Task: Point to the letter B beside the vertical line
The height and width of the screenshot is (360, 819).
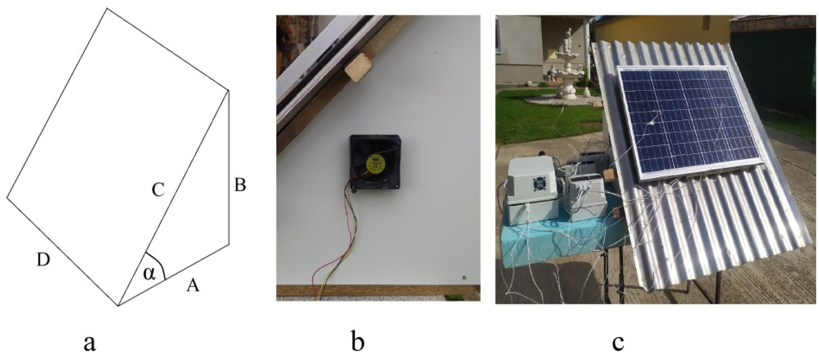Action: pyautogui.click(x=240, y=185)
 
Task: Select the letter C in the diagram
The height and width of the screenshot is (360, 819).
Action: pyautogui.click(x=158, y=191)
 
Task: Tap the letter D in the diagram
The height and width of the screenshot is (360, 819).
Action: pyautogui.click(x=43, y=260)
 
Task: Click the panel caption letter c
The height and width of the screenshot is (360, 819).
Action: pyautogui.click(x=618, y=343)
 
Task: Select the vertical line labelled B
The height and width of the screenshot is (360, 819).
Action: pyautogui.click(x=229, y=168)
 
